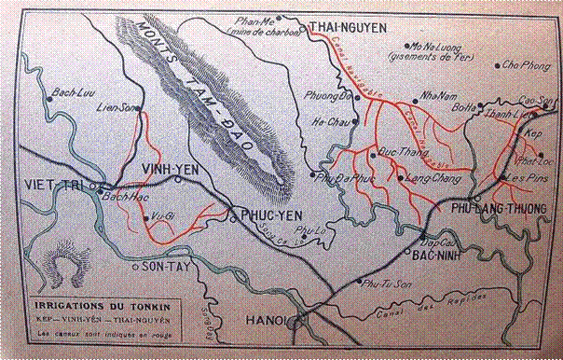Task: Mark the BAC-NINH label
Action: tap(438, 252)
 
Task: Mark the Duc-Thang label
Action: tap(395, 148)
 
